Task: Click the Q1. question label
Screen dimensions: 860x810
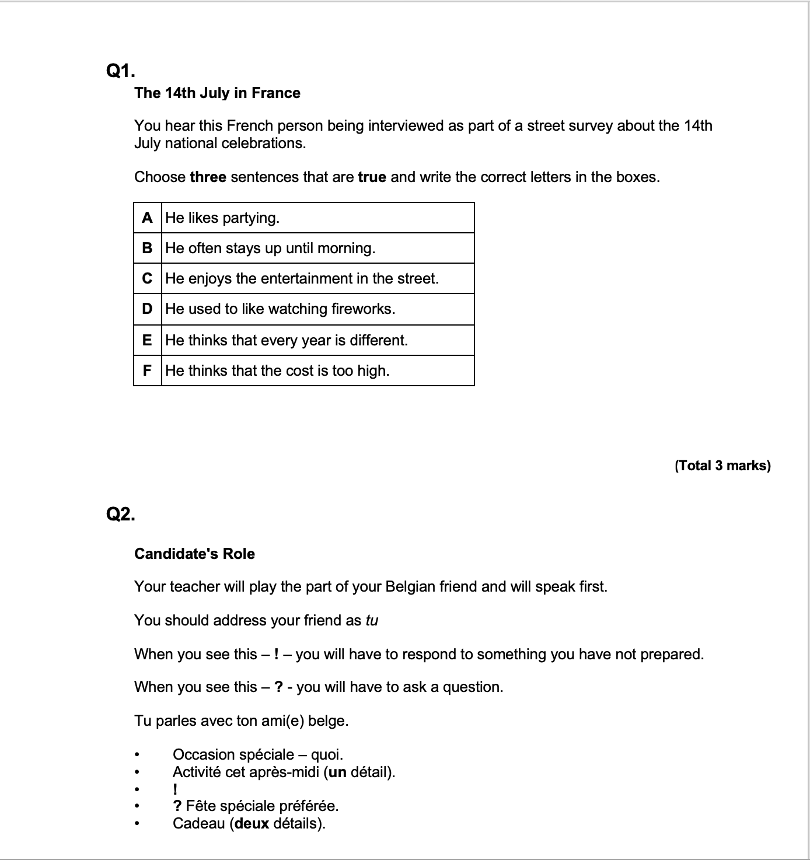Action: [120, 71]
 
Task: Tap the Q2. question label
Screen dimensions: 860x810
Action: [120, 514]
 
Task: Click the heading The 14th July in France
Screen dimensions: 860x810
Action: [217, 93]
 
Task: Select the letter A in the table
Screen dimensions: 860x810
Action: [147, 218]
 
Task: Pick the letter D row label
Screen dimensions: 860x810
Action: [147, 309]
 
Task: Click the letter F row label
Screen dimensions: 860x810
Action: [147, 370]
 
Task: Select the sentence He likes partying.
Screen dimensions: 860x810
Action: [222, 218]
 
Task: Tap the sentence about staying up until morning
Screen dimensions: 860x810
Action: [270, 248]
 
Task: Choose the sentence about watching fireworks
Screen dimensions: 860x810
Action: [280, 309]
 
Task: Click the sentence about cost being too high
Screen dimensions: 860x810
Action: [277, 370]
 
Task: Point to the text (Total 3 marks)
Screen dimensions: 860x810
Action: [722, 465]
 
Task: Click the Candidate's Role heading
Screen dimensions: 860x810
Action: [194, 554]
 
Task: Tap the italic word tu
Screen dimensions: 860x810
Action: [372, 620]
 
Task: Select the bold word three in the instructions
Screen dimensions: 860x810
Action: [208, 177]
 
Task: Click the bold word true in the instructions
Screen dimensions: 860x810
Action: [372, 177]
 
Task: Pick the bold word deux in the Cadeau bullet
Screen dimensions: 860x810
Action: [251, 823]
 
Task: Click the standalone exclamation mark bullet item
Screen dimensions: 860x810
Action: [175, 789]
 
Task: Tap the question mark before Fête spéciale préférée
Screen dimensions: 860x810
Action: [177, 806]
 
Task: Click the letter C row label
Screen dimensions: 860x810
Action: [147, 278]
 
